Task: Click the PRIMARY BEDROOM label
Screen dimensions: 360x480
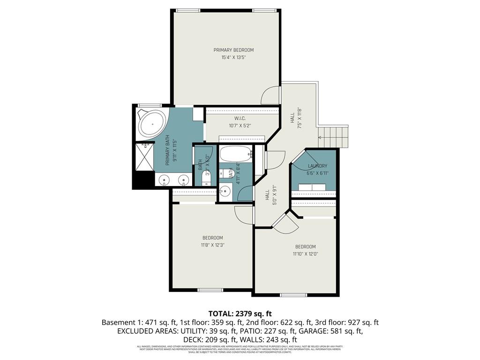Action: pos(233,50)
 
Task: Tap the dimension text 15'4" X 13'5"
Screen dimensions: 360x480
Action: pos(233,58)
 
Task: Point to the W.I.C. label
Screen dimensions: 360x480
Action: pos(240,118)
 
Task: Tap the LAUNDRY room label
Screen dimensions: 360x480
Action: pos(317,166)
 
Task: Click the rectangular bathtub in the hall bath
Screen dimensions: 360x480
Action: pos(236,154)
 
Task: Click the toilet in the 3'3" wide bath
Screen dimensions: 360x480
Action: pos(207,178)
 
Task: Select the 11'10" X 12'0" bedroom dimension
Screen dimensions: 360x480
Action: pos(305,254)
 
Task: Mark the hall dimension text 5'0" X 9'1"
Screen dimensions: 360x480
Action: pos(268,197)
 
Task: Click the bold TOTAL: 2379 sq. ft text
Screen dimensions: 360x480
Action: pos(240,314)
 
